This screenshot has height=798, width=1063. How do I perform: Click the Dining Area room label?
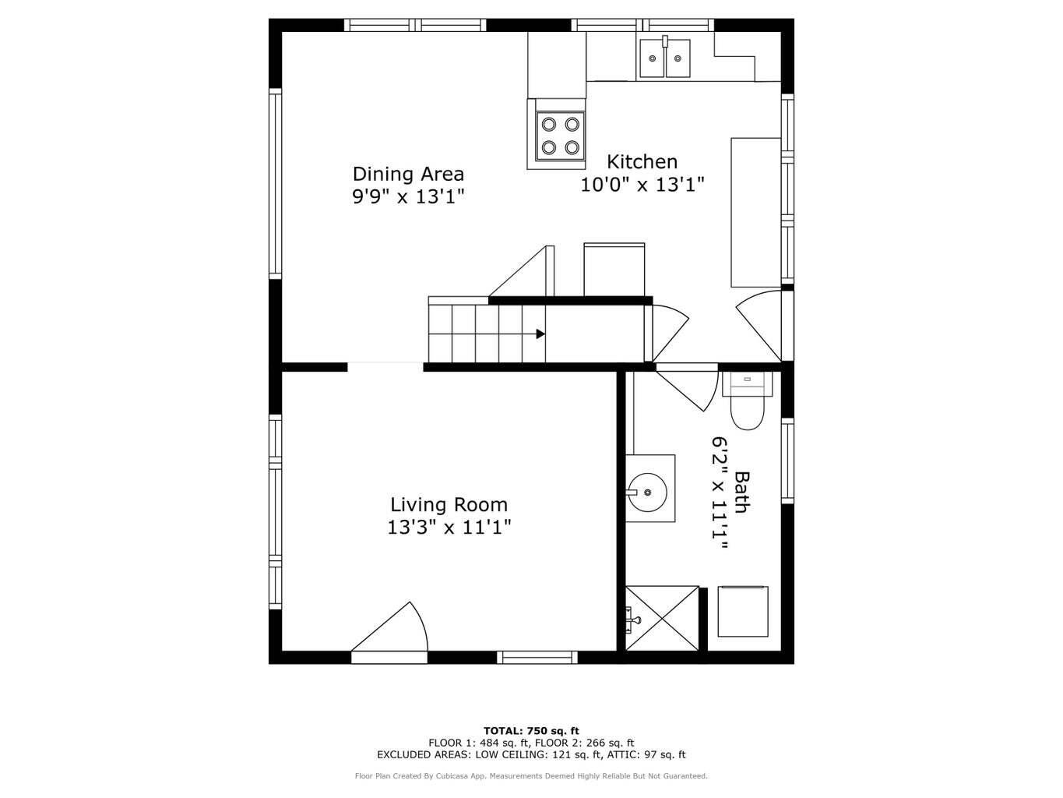tap(408, 174)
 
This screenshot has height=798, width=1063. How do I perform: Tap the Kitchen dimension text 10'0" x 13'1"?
tap(642, 185)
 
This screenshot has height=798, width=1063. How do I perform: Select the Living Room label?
tap(449, 504)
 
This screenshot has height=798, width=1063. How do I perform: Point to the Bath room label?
tap(741, 493)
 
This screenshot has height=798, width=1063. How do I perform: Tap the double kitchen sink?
tap(664, 58)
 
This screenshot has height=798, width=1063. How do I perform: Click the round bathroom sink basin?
tap(647, 493)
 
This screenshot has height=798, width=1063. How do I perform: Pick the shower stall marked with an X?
tap(663, 618)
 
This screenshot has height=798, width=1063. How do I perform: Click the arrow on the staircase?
tap(540, 334)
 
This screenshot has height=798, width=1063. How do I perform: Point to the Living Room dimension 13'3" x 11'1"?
tap(449, 528)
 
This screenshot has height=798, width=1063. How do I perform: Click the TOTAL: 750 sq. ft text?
tap(531, 731)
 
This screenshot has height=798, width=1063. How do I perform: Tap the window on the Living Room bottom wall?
tap(537, 658)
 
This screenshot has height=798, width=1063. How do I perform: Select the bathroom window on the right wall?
tap(787, 460)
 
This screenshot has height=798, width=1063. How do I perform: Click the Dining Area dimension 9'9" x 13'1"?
tap(408, 196)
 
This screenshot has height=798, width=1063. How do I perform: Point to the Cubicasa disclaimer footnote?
tap(531, 776)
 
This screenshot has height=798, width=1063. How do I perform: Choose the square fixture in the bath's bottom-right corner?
tap(742, 613)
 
